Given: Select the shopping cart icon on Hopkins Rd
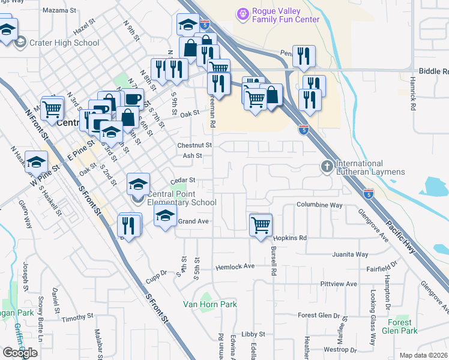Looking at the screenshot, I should click(261, 226).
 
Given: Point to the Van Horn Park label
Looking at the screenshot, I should click(209, 304).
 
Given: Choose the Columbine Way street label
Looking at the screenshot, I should click(319, 205).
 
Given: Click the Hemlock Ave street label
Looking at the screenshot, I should click(235, 266).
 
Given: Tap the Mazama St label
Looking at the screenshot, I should click(60, 11).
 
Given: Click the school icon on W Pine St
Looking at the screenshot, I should click(36, 161).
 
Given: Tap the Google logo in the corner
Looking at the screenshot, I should click(20, 352).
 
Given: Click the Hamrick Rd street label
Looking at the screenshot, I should click(413, 94).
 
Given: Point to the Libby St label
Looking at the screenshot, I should click(253, 334).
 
